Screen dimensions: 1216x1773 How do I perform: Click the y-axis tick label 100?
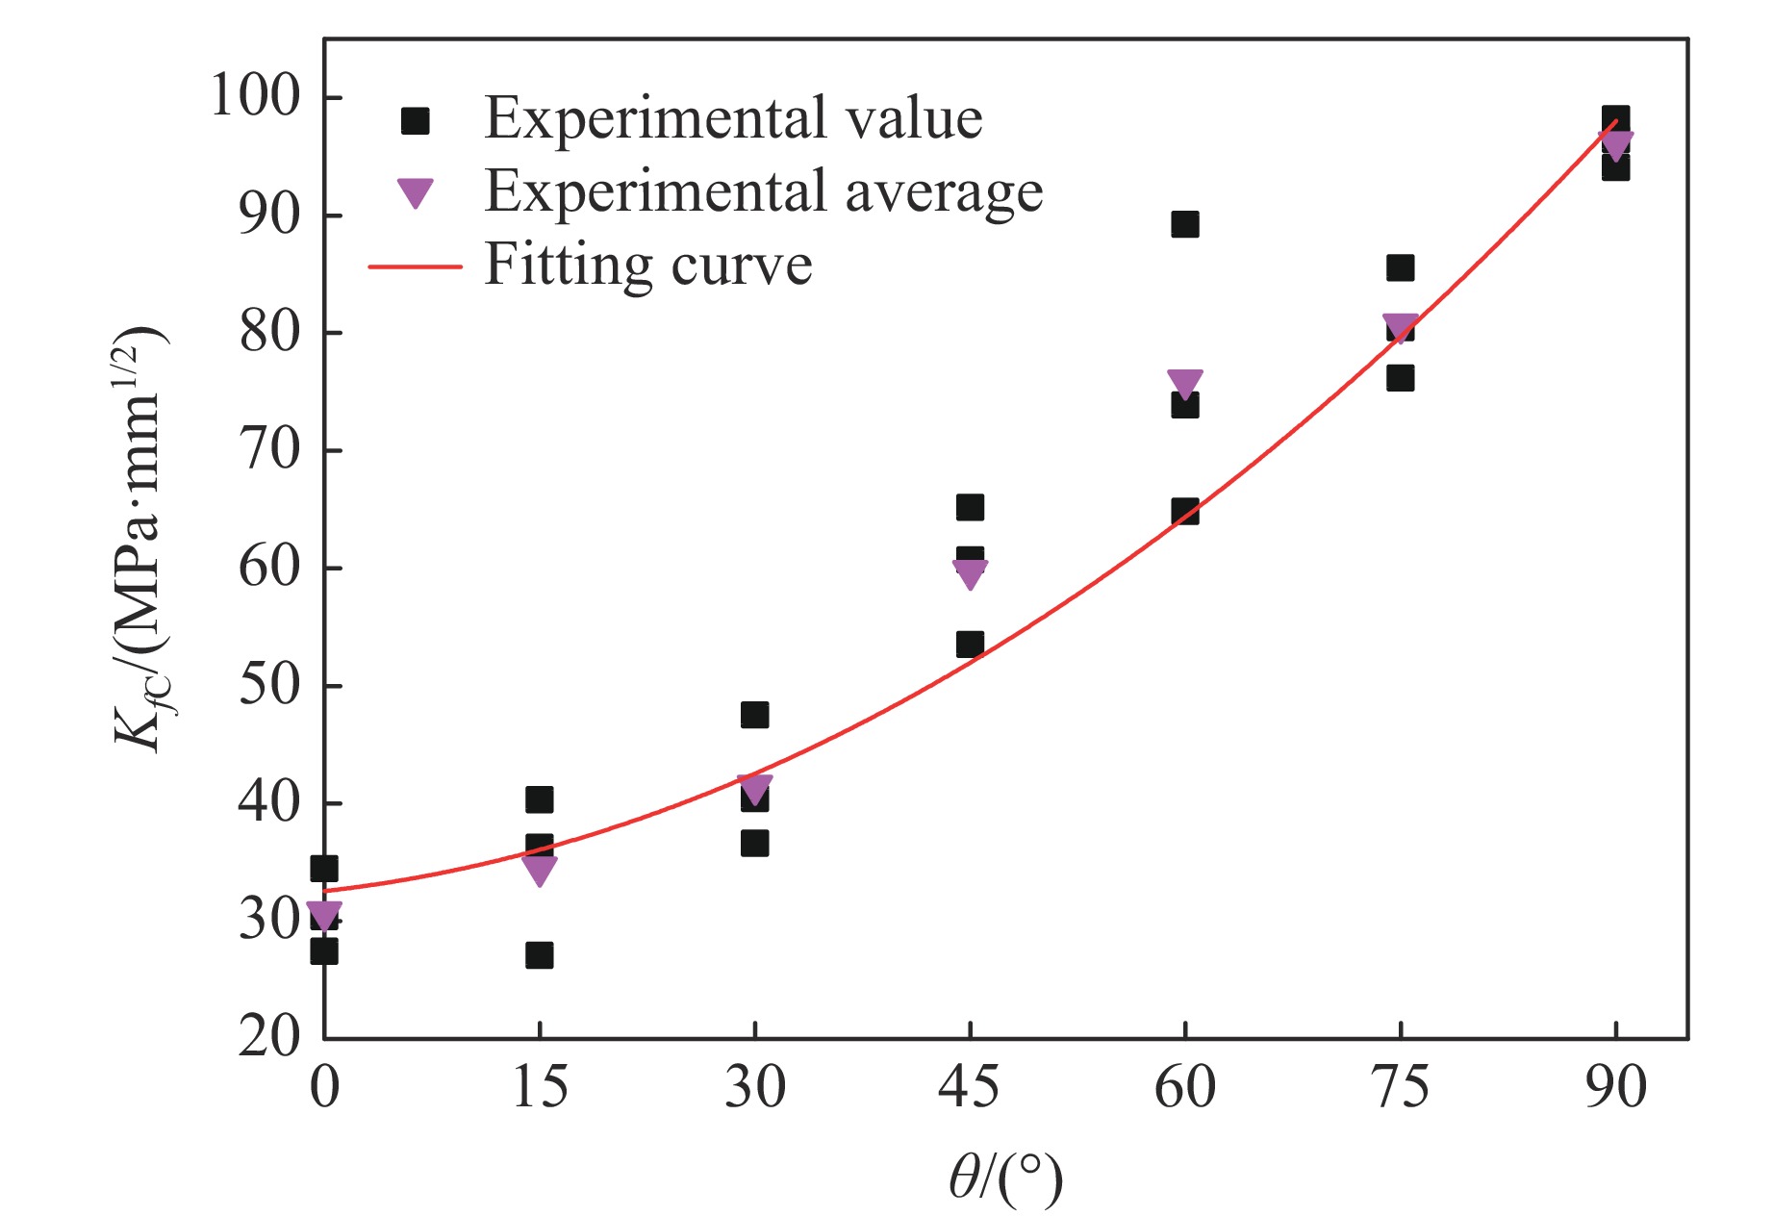coord(255,96)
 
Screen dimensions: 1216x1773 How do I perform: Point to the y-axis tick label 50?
coord(269,685)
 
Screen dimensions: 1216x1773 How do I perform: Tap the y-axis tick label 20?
coord(269,1037)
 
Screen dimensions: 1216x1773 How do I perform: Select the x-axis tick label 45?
coord(969,1088)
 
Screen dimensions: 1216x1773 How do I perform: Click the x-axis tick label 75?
coord(1400,1088)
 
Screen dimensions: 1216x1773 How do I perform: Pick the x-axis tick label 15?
coord(539,1088)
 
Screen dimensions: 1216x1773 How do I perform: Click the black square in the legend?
coord(416,120)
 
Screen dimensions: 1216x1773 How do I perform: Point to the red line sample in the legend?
coord(416,266)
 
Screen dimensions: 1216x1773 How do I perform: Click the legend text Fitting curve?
coord(648,265)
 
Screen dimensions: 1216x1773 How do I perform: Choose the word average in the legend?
coord(944,191)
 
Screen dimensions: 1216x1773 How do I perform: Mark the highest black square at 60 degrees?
coord(1185,224)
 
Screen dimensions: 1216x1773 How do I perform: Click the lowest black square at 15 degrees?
coord(540,955)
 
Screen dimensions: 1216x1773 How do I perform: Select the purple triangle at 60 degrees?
coord(1185,383)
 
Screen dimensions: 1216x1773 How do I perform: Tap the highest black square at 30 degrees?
coord(755,715)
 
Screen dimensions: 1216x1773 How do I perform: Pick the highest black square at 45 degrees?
coord(970,507)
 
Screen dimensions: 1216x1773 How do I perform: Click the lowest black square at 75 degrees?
coord(1401,378)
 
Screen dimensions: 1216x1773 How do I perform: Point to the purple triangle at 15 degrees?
coord(540,870)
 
